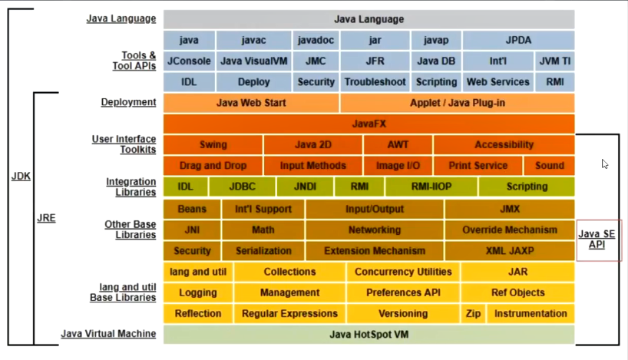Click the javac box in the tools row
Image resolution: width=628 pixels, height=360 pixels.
253,40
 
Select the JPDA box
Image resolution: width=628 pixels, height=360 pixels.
518,40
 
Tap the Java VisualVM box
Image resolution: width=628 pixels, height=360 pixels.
253,61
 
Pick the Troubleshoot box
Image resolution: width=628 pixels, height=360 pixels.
375,81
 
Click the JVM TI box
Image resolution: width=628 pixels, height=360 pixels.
554,61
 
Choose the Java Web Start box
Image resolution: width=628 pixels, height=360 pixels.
251,103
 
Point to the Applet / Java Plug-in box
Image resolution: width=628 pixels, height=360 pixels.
458,103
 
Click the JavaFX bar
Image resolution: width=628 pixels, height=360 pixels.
369,124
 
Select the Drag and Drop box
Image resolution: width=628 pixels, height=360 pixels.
213,165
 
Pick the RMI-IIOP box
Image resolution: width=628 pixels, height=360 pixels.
431,187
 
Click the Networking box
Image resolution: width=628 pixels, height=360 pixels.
375,230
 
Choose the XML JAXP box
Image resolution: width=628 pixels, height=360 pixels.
510,250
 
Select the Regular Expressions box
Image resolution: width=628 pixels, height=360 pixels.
289,313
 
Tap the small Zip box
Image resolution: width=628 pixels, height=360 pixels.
473,313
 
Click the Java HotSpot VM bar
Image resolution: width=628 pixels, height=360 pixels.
369,334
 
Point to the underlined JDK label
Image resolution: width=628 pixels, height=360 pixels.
21,176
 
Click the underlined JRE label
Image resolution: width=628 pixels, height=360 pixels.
46,218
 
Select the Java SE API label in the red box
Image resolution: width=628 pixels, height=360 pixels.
597,239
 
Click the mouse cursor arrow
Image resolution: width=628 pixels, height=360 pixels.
604,163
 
